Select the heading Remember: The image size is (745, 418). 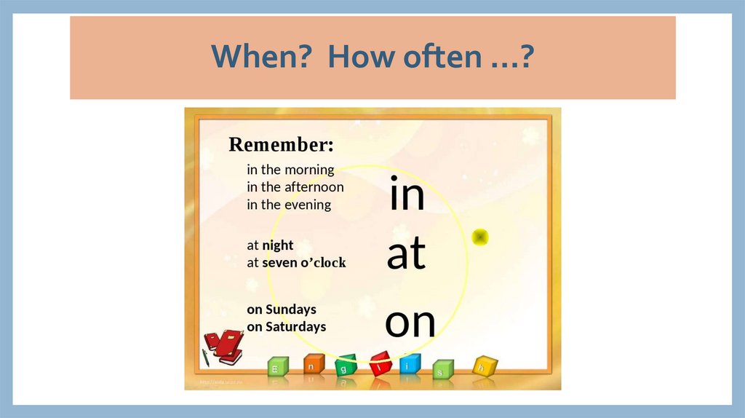tap(281, 145)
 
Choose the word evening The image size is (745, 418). tap(307, 205)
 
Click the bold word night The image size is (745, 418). tap(278, 245)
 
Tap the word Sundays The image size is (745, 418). tap(290, 309)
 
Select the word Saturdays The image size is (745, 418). tap(295, 327)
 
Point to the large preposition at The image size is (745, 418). tap(406, 255)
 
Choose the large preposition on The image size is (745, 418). tap(410, 323)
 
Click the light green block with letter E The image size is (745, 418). tap(276, 368)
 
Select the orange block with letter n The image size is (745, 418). tap(311, 366)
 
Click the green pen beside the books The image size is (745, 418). tap(206, 357)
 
